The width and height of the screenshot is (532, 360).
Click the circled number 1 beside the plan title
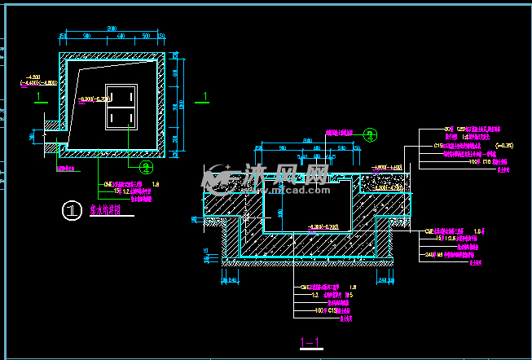coord(73,211)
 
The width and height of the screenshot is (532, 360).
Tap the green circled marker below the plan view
coord(146,169)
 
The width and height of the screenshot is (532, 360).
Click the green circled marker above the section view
coord(371,134)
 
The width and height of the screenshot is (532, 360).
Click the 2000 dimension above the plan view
coord(112,29)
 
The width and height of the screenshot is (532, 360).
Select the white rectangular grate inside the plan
coord(121,106)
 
